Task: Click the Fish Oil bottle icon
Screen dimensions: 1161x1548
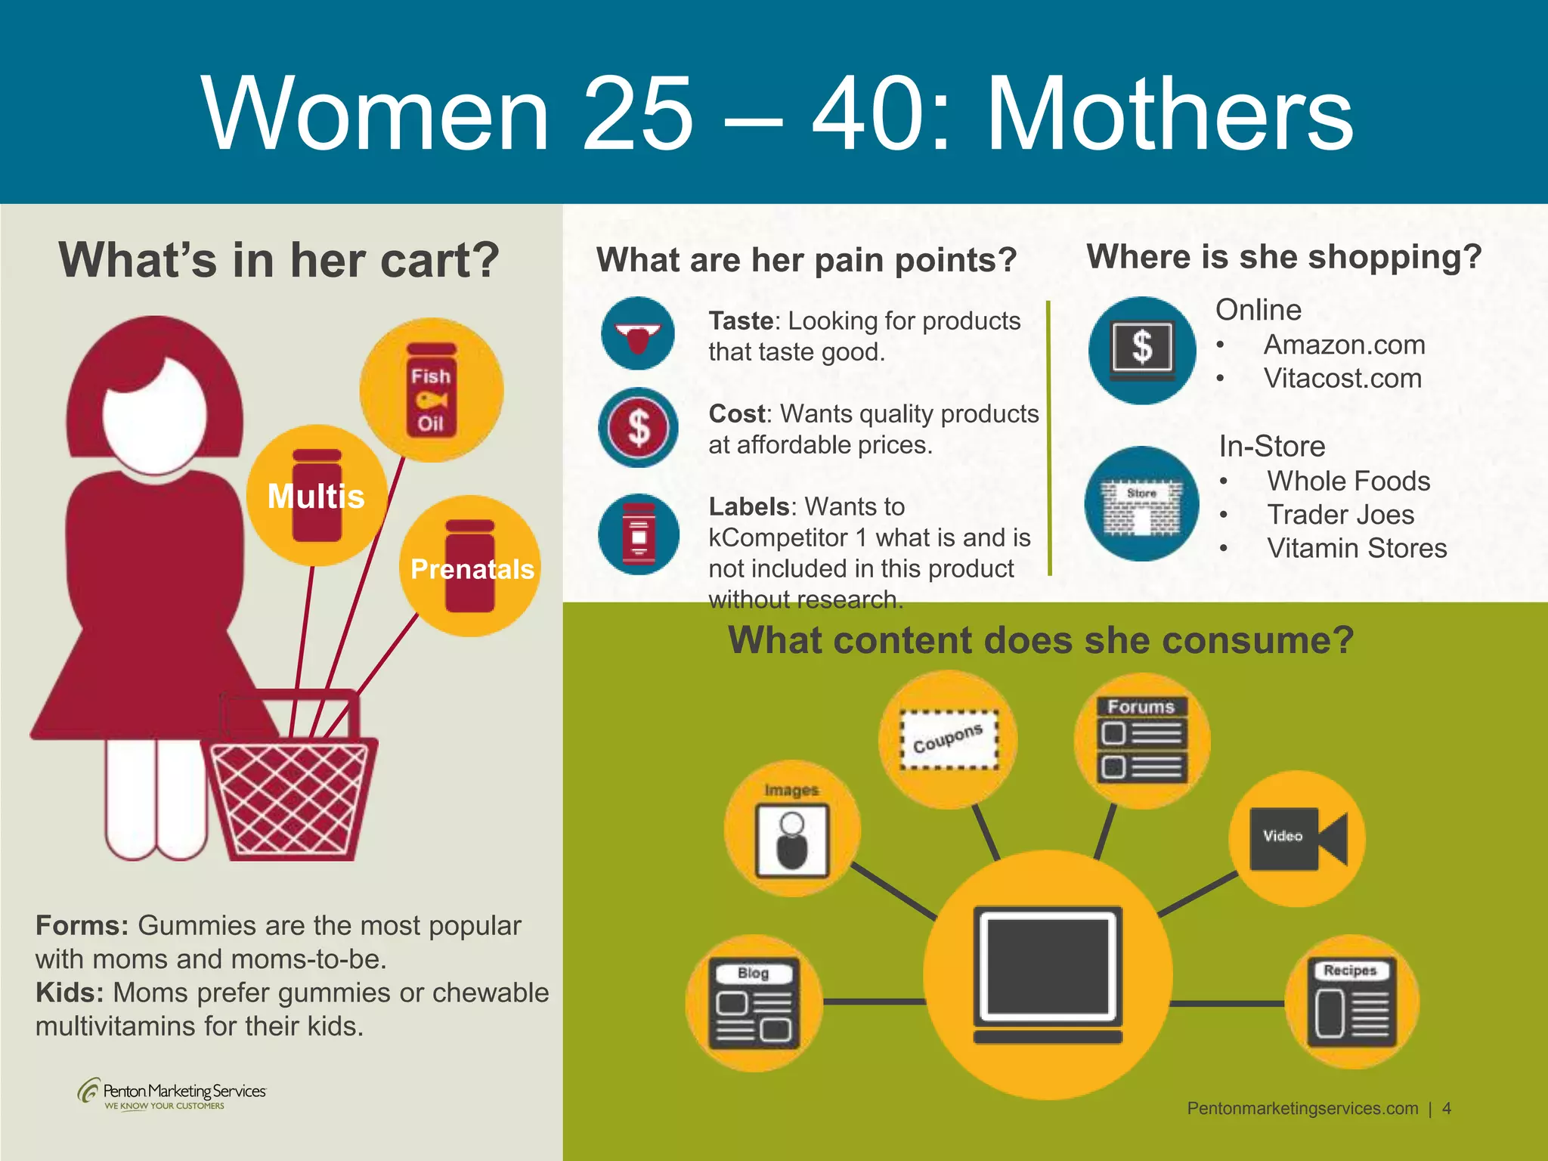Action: pos(431,390)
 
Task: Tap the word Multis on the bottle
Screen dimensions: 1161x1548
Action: pos(316,497)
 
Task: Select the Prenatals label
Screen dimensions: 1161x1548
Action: pos(472,568)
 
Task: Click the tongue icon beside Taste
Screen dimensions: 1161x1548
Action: pos(638,334)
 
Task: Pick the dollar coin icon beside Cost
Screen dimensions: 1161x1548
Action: pos(639,427)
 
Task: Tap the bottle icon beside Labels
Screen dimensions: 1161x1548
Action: pos(639,534)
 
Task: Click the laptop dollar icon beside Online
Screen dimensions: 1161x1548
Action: pos(1142,351)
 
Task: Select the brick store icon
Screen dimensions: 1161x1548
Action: pos(1141,504)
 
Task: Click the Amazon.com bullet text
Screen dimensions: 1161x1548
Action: pos(1344,345)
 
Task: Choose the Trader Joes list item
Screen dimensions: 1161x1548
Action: pos(1340,515)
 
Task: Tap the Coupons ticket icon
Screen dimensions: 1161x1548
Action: pos(948,739)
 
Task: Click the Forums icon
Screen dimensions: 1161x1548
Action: pos(1142,741)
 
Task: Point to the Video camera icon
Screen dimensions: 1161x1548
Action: pos(1297,837)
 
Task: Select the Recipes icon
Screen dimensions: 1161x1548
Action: pos(1351,1002)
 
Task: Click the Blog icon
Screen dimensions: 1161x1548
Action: pos(754,1003)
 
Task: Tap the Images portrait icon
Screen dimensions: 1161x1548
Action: pos(792,837)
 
